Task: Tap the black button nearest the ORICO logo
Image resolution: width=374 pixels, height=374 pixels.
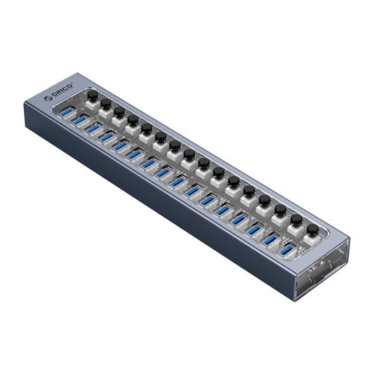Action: (x=92, y=94)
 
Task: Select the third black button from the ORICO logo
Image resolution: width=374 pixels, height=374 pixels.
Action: (x=119, y=112)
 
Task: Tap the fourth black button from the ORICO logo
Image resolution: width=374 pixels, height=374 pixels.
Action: (x=133, y=120)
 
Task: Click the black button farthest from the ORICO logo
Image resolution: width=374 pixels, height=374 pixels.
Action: (x=312, y=229)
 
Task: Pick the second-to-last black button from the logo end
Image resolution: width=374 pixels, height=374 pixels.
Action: (x=296, y=220)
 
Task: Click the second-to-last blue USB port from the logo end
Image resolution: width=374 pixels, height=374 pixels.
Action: (x=270, y=239)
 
